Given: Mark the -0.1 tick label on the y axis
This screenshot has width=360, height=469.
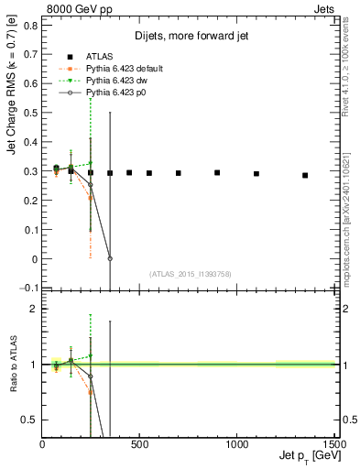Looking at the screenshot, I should [28, 289].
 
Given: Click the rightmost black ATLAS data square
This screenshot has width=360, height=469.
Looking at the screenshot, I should [305, 175].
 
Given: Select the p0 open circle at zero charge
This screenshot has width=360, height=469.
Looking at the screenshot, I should [110, 258].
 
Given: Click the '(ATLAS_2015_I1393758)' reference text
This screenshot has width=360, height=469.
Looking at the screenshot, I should [190, 274].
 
